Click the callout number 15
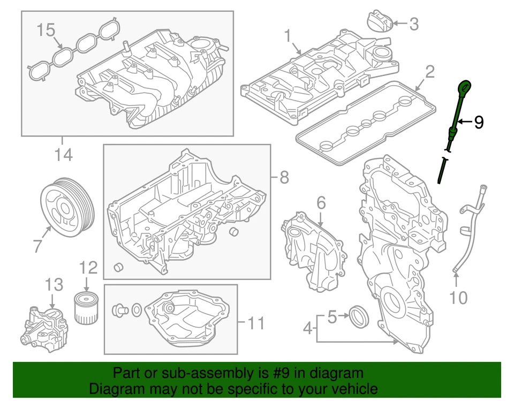point(46,31)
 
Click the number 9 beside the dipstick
point(479,123)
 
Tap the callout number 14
point(63,155)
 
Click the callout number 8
point(284,177)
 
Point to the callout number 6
point(321,203)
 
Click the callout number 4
point(307,328)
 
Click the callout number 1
point(288,36)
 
